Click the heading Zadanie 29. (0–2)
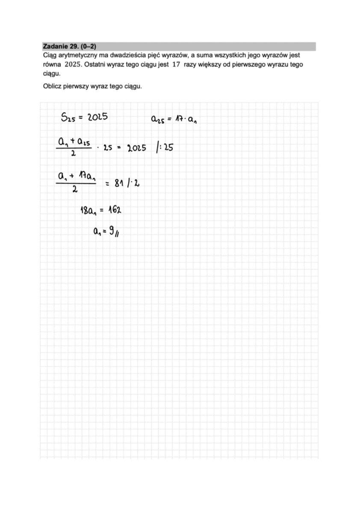(x=71, y=46)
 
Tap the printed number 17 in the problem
(x=174, y=64)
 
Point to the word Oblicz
(x=52, y=86)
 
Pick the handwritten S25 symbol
(x=68, y=118)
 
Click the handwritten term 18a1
(x=89, y=210)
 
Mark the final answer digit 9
(x=111, y=232)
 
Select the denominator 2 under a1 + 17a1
(x=75, y=191)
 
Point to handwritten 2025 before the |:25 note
(x=137, y=148)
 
